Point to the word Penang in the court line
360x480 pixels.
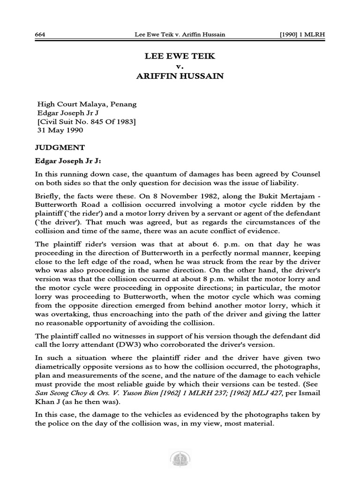click(x=123, y=104)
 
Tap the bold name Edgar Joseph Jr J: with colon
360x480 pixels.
click(x=68, y=160)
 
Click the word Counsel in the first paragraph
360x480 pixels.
click(x=306, y=173)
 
